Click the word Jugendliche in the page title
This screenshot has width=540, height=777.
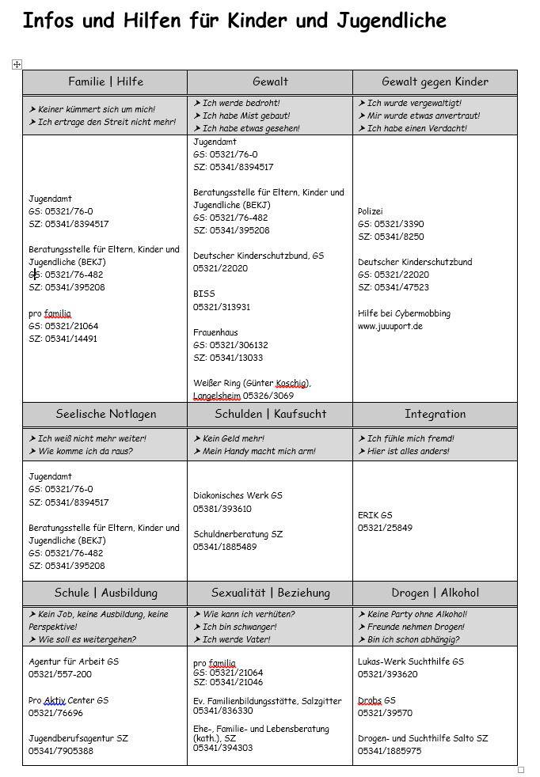[382, 21]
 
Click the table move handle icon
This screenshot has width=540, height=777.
[17, 65]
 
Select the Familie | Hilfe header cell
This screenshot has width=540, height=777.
[105, 81]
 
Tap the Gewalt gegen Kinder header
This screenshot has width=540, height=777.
[435, 81]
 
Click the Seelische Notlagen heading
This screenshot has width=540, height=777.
[105, 414]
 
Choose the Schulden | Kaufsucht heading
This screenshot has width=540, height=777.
[270, 414]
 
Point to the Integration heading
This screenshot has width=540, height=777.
[435, 414]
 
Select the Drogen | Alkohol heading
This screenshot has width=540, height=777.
[435, 593]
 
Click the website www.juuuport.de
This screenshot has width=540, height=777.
[390, 326]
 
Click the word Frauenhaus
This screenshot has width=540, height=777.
[216, 333]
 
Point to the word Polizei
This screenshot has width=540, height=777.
[370, 211]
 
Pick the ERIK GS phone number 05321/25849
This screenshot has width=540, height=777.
[385, 528]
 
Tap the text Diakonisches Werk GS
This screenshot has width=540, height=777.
[238, 496]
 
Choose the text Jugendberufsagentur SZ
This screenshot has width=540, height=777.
[78, 738]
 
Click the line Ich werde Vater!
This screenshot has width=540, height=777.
[236, 639]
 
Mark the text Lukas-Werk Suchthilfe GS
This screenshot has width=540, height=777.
[410, 661]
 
